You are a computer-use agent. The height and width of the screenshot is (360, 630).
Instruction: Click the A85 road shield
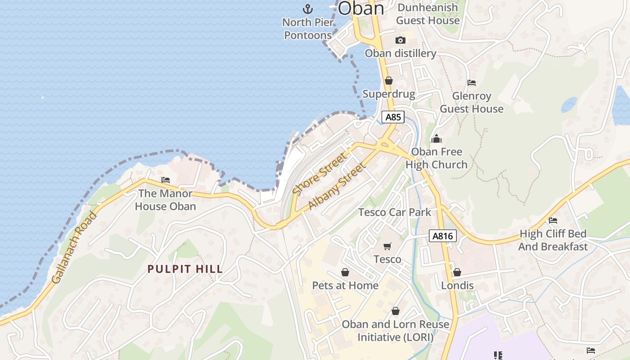[393, 117]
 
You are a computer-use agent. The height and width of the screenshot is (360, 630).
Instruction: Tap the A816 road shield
[443, 236]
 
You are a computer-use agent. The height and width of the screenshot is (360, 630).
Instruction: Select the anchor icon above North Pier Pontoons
[307, 9]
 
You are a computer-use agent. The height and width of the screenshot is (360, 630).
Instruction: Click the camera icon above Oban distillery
[400, 40]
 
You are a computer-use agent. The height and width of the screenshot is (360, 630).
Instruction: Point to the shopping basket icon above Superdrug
[389, 81]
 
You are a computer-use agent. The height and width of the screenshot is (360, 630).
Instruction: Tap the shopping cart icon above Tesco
[387, 246]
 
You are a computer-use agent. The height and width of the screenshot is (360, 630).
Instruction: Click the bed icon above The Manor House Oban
[166, 180]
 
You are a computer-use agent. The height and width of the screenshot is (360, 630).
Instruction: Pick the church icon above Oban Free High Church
[436, 139]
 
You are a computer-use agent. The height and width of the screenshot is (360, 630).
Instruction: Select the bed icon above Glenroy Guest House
[472, 83]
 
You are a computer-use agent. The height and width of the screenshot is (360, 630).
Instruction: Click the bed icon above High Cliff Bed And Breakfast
[553, 220]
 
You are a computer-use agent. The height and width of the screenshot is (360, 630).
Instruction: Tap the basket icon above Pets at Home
[345, 272]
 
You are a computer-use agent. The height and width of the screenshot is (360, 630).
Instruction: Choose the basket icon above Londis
[457, 272]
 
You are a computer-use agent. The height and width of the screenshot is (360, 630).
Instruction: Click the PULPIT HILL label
[185, 269]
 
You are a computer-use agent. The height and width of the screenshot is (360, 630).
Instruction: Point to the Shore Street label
[320, 174]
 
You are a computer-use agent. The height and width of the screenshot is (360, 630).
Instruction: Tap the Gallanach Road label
[74, 247]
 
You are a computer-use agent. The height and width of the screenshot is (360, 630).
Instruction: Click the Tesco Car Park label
[395, 212]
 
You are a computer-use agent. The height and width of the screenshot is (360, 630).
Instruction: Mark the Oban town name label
[361, 8]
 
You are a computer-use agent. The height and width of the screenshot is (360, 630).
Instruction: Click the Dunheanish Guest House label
[427, 14]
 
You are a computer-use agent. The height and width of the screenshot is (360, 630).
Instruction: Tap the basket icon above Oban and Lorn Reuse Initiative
[396, 311]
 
